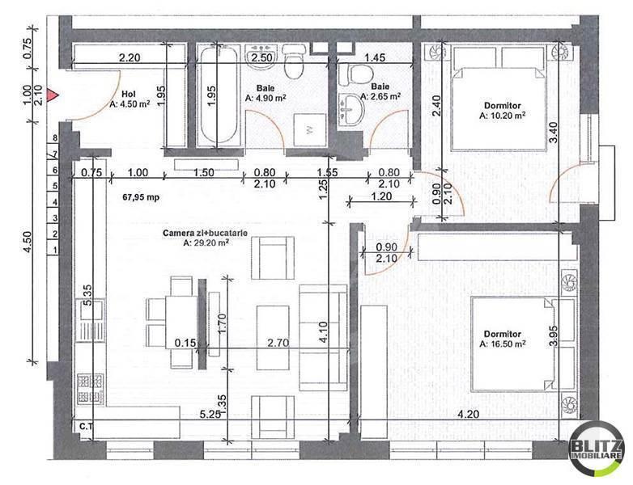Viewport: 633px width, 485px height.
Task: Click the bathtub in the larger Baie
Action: coord(218,97)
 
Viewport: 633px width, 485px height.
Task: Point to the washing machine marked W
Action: coord(310,129)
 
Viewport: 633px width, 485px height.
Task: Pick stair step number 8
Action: coord(56,139)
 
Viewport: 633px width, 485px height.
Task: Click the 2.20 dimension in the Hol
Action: coord(130,58)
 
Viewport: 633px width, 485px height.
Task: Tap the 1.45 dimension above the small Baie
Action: coord(374,58)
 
